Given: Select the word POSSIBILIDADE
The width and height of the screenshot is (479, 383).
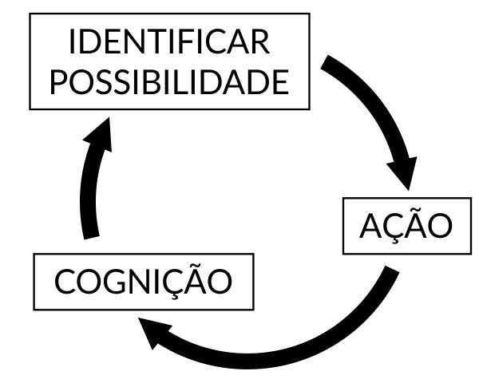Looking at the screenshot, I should (169, 81).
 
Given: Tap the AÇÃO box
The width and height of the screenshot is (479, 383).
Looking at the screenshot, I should (406, 226).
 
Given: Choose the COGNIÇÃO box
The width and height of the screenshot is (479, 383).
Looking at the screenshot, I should (143, 281).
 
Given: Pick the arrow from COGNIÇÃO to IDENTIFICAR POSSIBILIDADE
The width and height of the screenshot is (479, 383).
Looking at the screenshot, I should (89, 184).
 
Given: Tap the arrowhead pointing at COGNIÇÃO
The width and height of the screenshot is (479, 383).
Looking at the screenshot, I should (156, 334).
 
